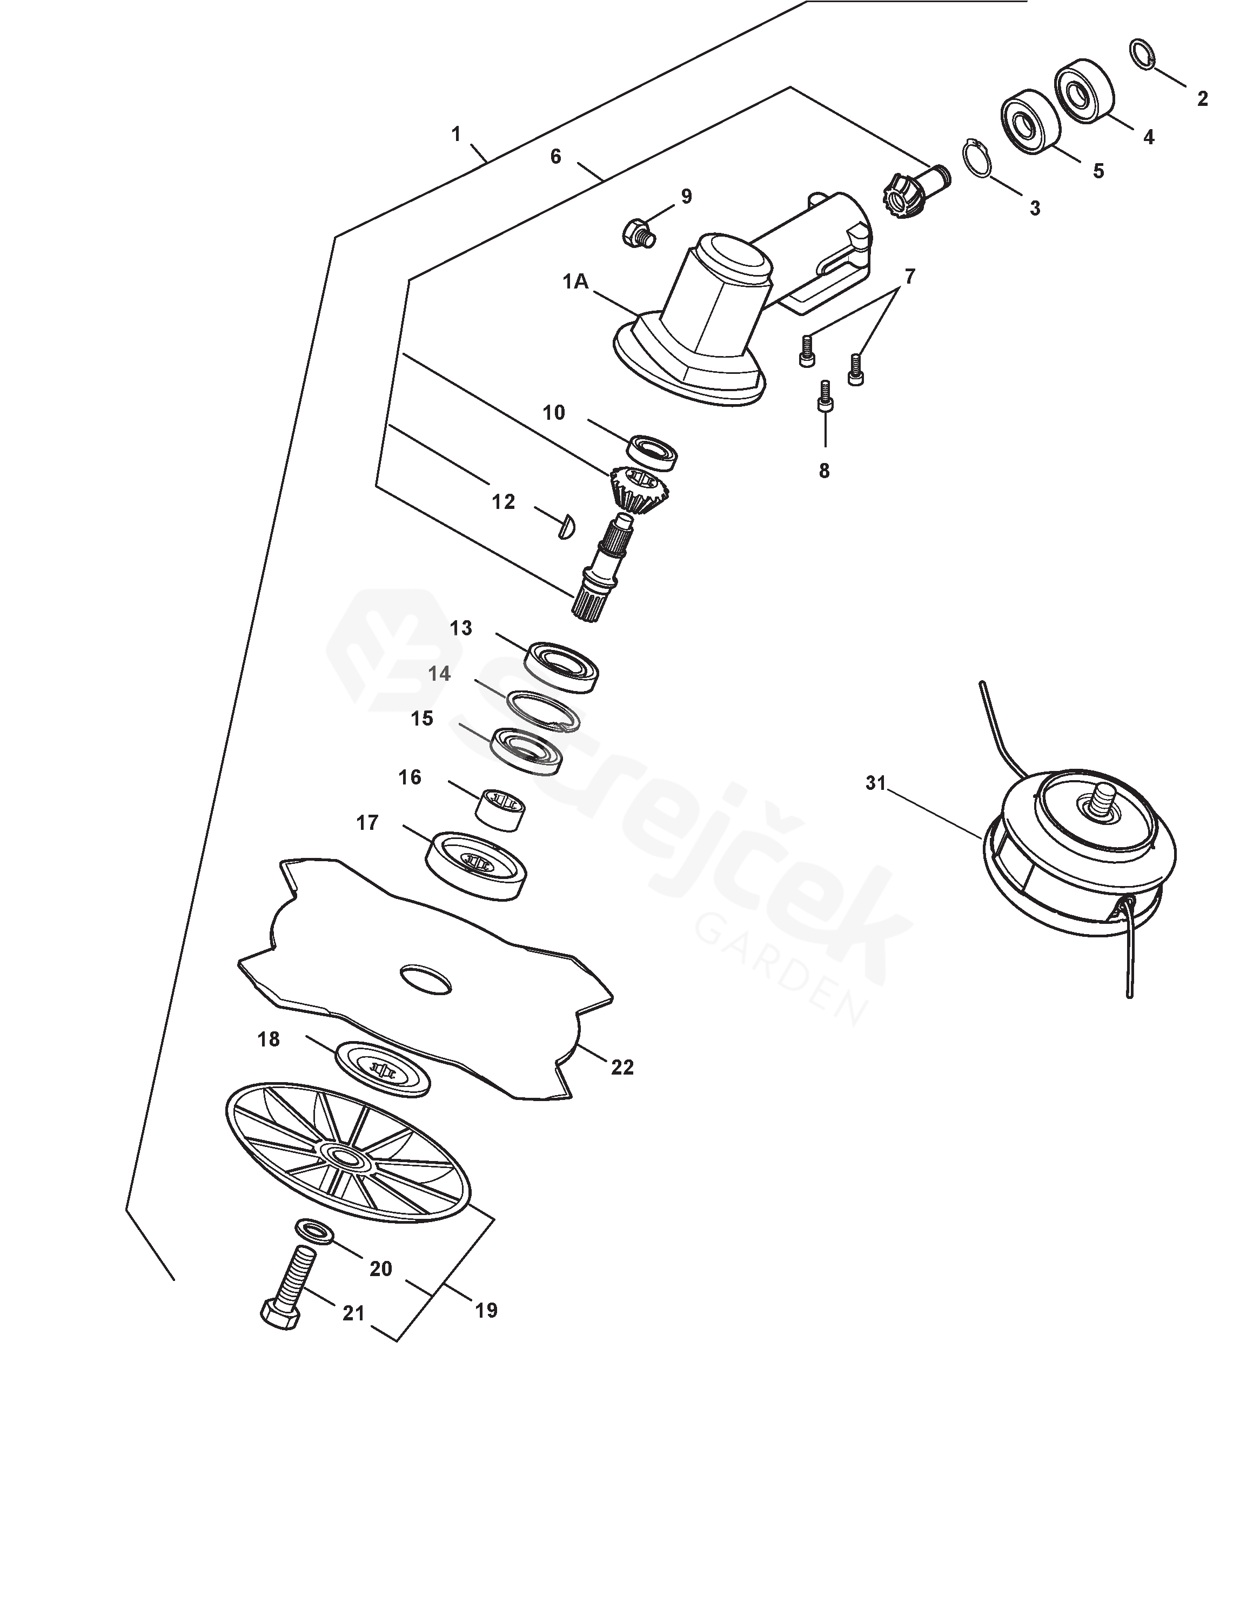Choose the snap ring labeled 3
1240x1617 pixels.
pos(978,157)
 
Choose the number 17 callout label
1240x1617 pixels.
pos(367,822)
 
